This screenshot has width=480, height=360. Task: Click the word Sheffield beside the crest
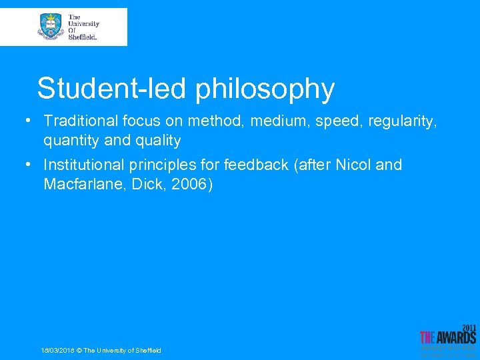click(x=83, y=37)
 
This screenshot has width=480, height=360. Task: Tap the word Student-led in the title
click(x=113, y=89)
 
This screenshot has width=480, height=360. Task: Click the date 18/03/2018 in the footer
click(x=57, y=351)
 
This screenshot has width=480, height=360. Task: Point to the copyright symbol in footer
click(x=79, y=351)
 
